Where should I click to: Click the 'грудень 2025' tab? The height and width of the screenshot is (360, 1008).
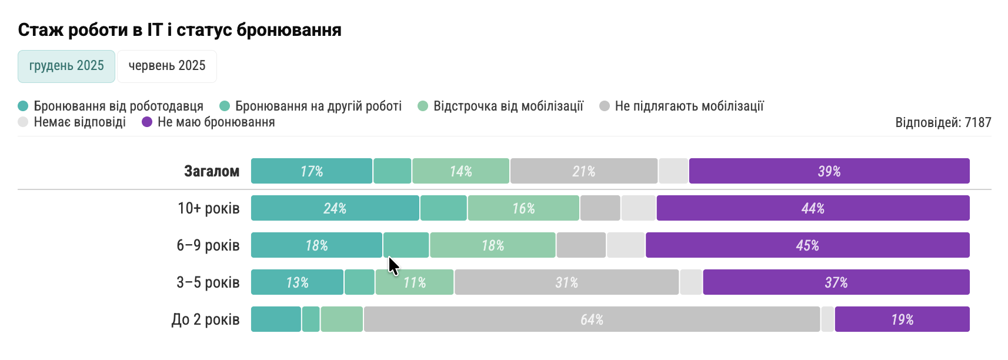click(x=66, y=66)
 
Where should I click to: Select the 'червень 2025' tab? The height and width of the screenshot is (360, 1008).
click(x=167, y=66)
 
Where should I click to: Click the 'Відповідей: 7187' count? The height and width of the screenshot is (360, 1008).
click(x=943, y=122)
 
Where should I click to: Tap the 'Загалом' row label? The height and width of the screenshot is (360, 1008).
click(x=212, y=171)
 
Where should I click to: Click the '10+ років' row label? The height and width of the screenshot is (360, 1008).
click(x=209, y=208)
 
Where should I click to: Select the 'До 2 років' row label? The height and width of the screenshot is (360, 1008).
click(x=206, y=319)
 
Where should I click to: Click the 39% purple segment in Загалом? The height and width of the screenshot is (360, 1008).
click(x=829, y=171)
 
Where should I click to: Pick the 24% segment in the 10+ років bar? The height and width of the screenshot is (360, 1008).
click(x=335, y=208)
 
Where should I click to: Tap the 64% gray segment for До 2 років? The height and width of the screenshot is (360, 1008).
click(x=592, y=319)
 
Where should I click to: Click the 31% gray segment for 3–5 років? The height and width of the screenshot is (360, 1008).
click(x=567, y=282)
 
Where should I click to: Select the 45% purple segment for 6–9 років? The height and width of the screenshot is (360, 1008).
click(x=807, y=245)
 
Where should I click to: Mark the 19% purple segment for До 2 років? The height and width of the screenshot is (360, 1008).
click(x=902, y=319)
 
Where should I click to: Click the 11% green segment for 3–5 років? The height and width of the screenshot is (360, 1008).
click(x=415, y=282)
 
